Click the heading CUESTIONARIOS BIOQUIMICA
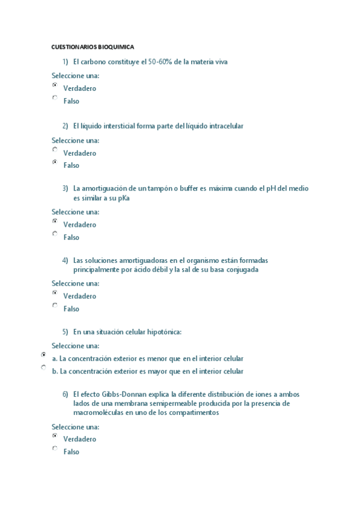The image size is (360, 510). [x=93, y=46]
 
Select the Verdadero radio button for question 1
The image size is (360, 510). [x=55, y=85]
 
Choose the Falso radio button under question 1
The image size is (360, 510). [x=55, y=98]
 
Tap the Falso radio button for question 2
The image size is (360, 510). [x=55, y=162]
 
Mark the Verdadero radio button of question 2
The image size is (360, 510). [x=55, y=150]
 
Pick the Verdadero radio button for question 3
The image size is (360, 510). [x=55, y=221]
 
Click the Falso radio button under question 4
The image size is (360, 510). [x=55, y=306]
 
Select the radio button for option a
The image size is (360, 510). [x=43, y=355]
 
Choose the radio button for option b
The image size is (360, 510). [x=43, y=367]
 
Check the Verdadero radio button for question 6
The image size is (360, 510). [x=55, y=435]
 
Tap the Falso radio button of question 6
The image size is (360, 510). [x=55, y=449]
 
